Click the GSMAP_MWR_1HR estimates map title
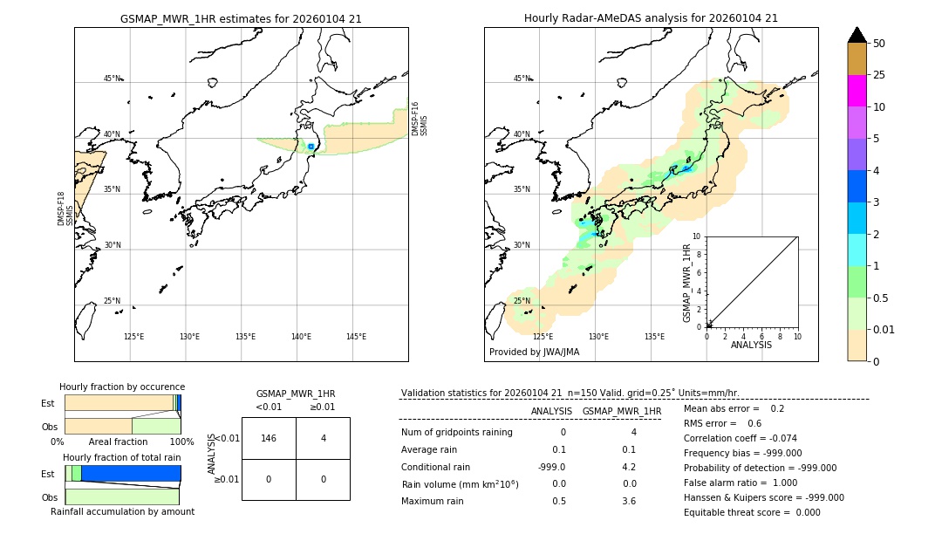point(241,18)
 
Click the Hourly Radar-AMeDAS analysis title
point(651,18)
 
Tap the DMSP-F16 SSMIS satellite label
point(420,119)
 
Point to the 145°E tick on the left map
point(356,337)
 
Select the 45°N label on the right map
point(522,79)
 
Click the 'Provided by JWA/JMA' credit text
point(534,353)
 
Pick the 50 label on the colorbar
point(879,44)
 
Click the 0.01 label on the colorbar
point(884,329)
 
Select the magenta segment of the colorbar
point(857,91)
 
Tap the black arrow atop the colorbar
point(857,35)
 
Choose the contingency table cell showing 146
point(269,438)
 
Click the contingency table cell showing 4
point(323,438)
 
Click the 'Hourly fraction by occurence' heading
point(122,387)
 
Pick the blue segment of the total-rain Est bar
point(131,473)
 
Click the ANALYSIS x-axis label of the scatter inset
point(751,345)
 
